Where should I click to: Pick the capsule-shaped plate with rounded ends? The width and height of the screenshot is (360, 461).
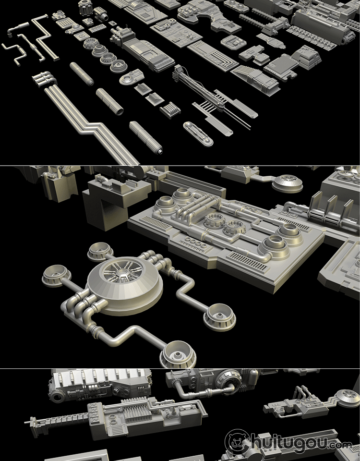(x=198, y=134)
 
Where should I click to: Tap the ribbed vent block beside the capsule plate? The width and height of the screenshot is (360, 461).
(x=170, y=110)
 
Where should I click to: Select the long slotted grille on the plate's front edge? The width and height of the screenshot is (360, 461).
(x=248, y=261)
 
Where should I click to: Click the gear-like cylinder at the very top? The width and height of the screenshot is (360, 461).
(x=85, y=7)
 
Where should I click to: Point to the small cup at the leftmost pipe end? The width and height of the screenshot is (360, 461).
(x=57, y=276)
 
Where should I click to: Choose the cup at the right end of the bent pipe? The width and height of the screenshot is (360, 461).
(x=219, y=317)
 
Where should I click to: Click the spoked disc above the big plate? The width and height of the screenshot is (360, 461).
(x=288, y=183)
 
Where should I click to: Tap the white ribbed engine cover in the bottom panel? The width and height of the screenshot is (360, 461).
(x=100, y=379)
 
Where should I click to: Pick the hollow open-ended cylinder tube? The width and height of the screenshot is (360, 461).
(x=109, y=101)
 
